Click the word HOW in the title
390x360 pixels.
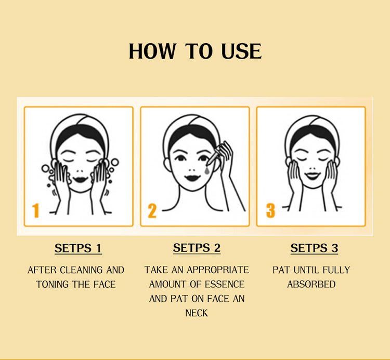coord(152,51)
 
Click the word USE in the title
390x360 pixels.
coord(241,51)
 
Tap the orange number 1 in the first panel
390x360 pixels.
coord(36,210)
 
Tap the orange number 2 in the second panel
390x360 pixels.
coord(152,211)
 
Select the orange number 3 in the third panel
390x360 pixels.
coord(270,210)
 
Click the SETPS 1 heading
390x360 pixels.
coord(78,248)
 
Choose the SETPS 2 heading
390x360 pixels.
coord(197,248)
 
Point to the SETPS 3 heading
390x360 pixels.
coord(314,248)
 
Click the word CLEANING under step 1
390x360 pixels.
coord(81,270)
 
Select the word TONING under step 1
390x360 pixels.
coord(52,284)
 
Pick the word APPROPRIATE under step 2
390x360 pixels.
coord(218,270)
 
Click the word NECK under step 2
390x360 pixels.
coord(197,313)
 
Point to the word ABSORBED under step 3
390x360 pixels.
coord(311,284)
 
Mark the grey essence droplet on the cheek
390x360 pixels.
coord(207,170)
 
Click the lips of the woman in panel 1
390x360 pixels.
coord(80,179)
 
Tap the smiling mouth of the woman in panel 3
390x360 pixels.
coord(313,176)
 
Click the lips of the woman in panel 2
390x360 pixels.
coord(192,178)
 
